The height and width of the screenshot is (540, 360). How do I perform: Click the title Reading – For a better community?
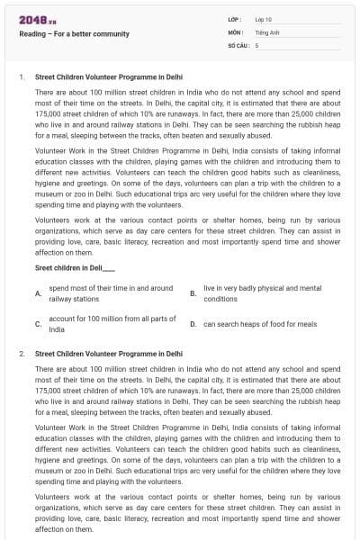coord(75,34)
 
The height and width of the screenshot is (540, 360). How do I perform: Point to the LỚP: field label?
coord(233,18)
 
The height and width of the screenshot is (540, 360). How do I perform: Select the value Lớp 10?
coord(264,18)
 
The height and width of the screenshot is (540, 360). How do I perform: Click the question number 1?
coord(21,77)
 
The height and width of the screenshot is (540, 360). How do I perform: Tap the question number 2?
coord(21,354)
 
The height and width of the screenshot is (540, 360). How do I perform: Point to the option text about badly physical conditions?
coord(262,293)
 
